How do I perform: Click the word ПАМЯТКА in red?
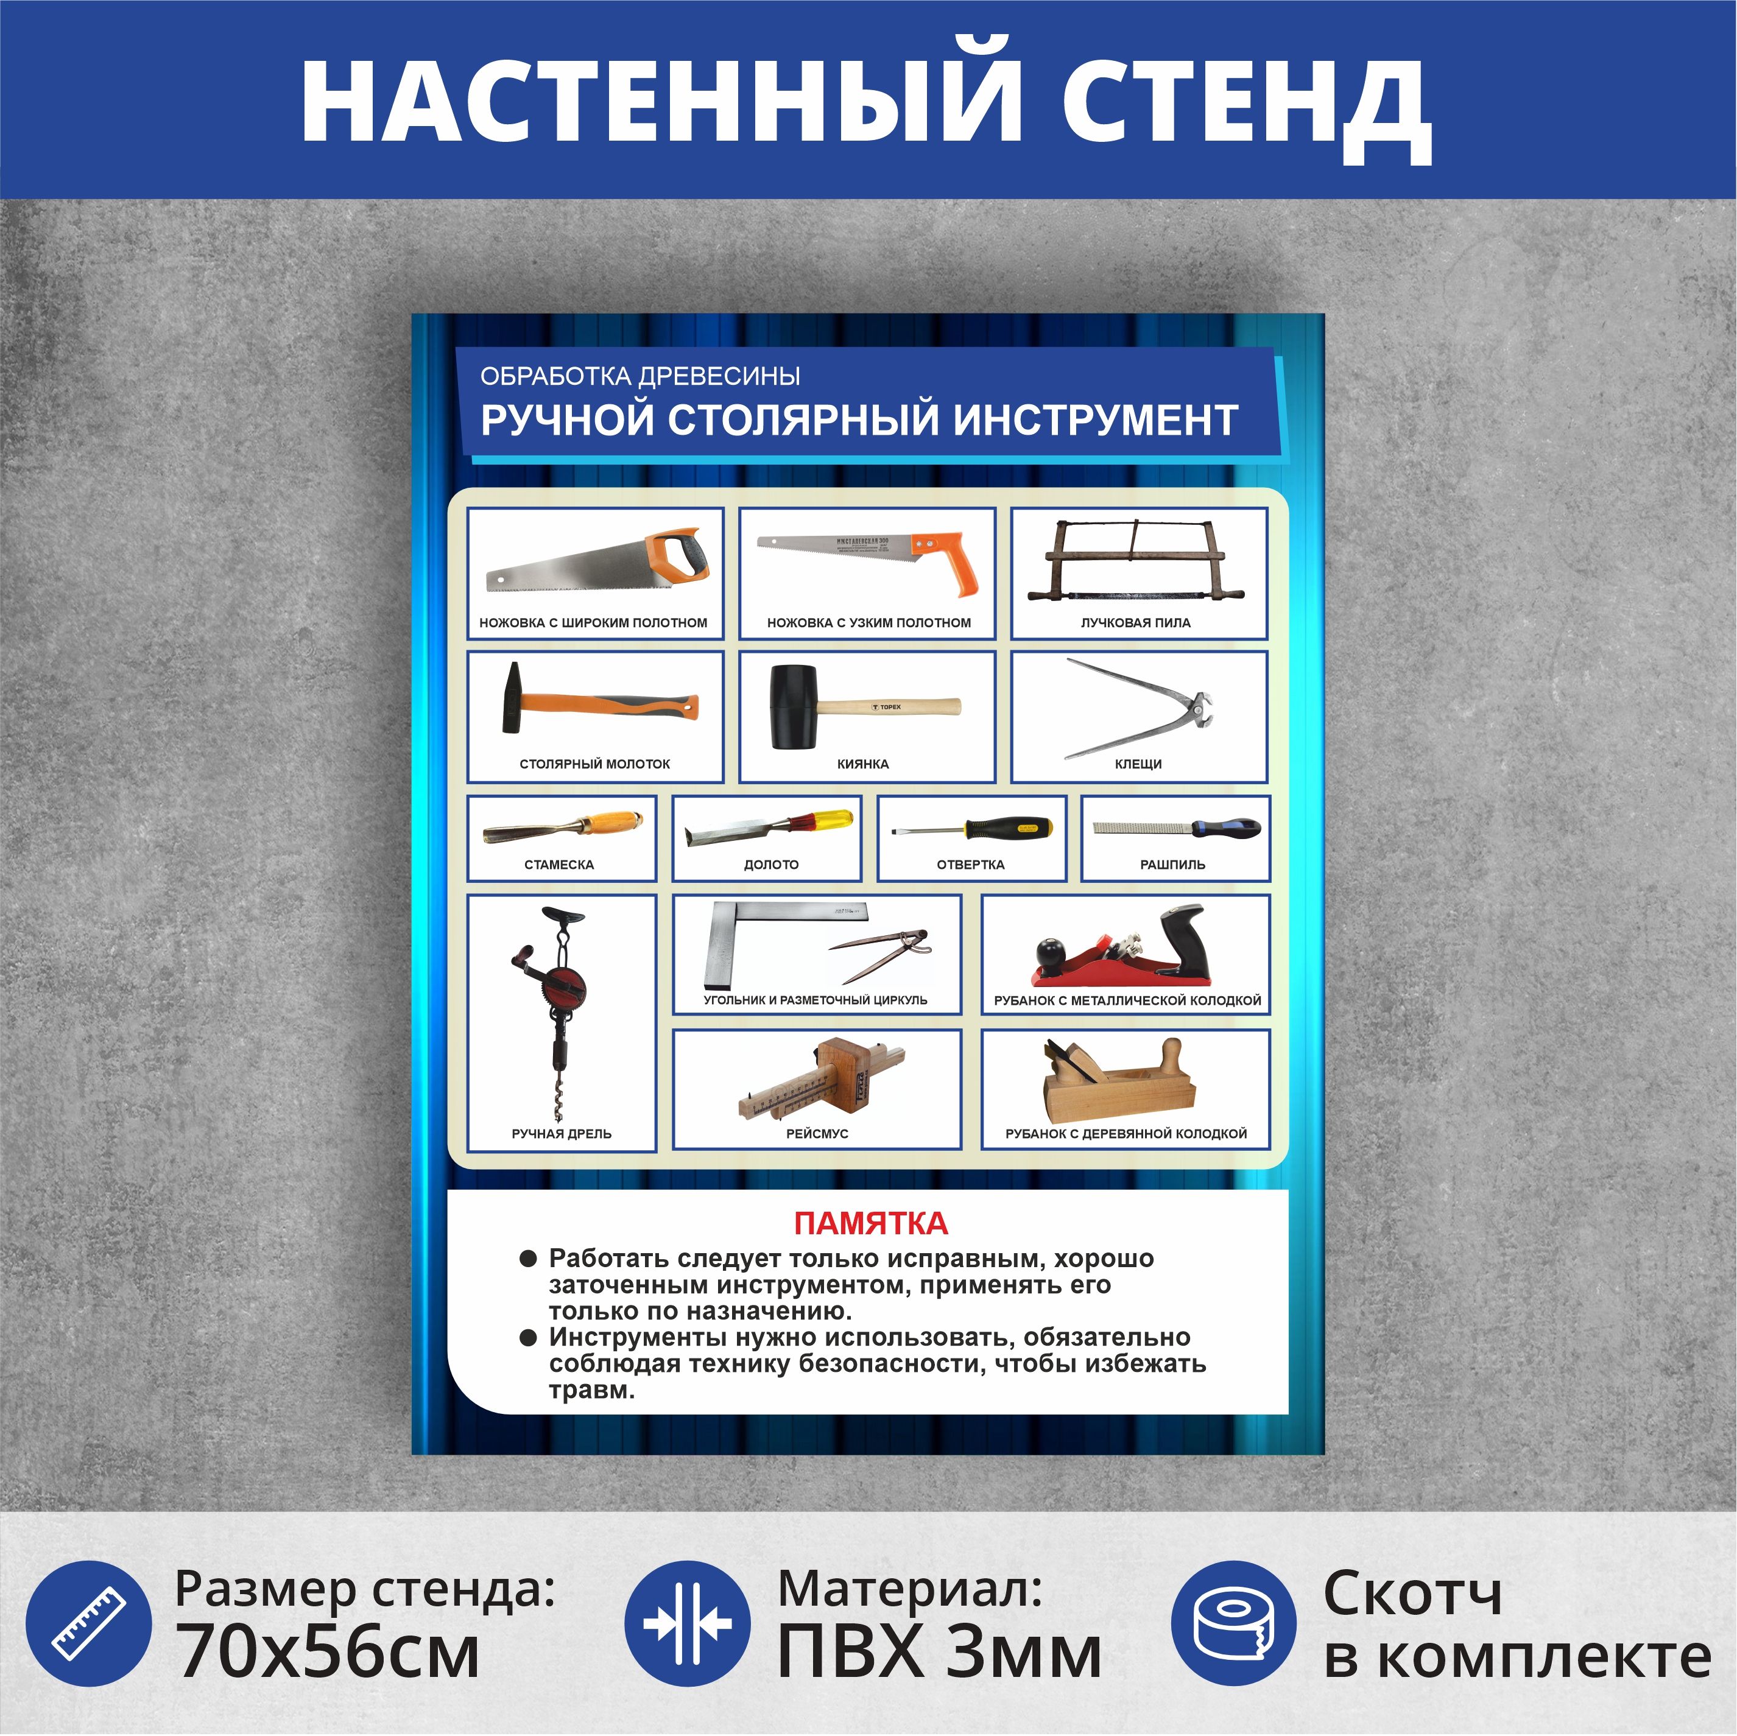click(x=870, y=1223)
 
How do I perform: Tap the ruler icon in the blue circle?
click(x=88, y=1623)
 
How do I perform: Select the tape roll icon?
click(x=1233, y=1623)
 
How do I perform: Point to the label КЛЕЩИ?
click(x=1138, y=764)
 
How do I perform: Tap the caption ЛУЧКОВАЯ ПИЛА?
click(x=1135, y=623)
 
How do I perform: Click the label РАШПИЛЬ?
click(x=1172, y=865)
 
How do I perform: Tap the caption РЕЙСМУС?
click(x=817, y=1134)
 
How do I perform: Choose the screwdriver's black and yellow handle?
click(x=1008, y=828)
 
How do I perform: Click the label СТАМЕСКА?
click(x=559, y=865)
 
